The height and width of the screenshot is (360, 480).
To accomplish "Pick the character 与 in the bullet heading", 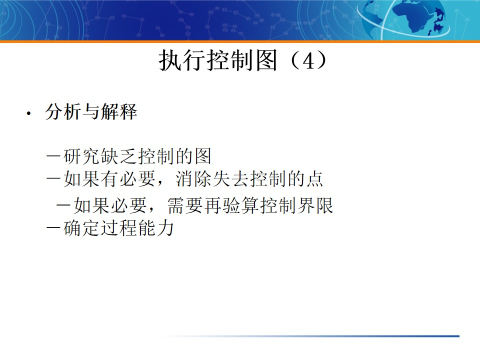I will (x=90, y=112).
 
